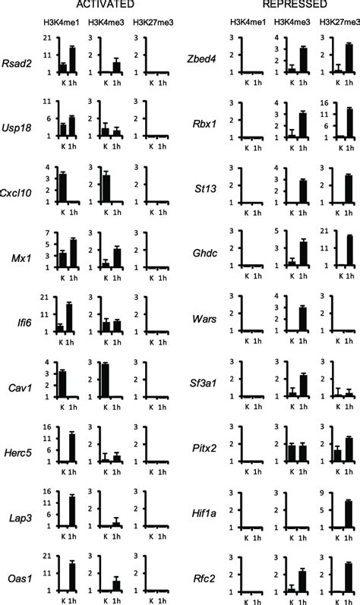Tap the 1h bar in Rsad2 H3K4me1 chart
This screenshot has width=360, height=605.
click(72, 60)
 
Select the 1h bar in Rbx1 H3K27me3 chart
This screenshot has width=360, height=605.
click(350, 122)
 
